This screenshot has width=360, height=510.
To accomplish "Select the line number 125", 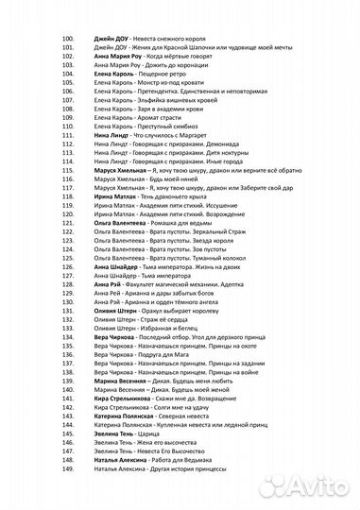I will [67, 258].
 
